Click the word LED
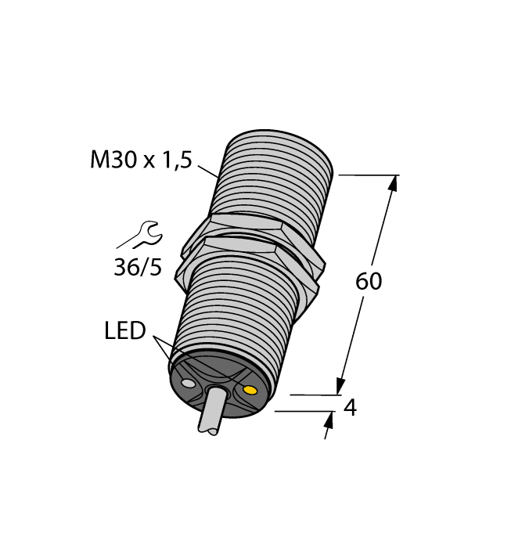pyautogui.click(x=125, y=331)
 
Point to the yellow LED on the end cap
pyautogui.click(x=250, y=390)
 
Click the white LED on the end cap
pyautogui.click(x=187, y=384)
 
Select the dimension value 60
pyautogui.click(x=369, y=281)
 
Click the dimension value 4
pyautogui.click(x=351, y=408)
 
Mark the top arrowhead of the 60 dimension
pyautogui.click(x=393, y=183)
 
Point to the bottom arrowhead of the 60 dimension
pyautogui.click(x=341, y=386)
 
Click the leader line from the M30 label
pyautogui.click(x=207, y=170)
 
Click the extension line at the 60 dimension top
pyautogui.click(x=368, y=175)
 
